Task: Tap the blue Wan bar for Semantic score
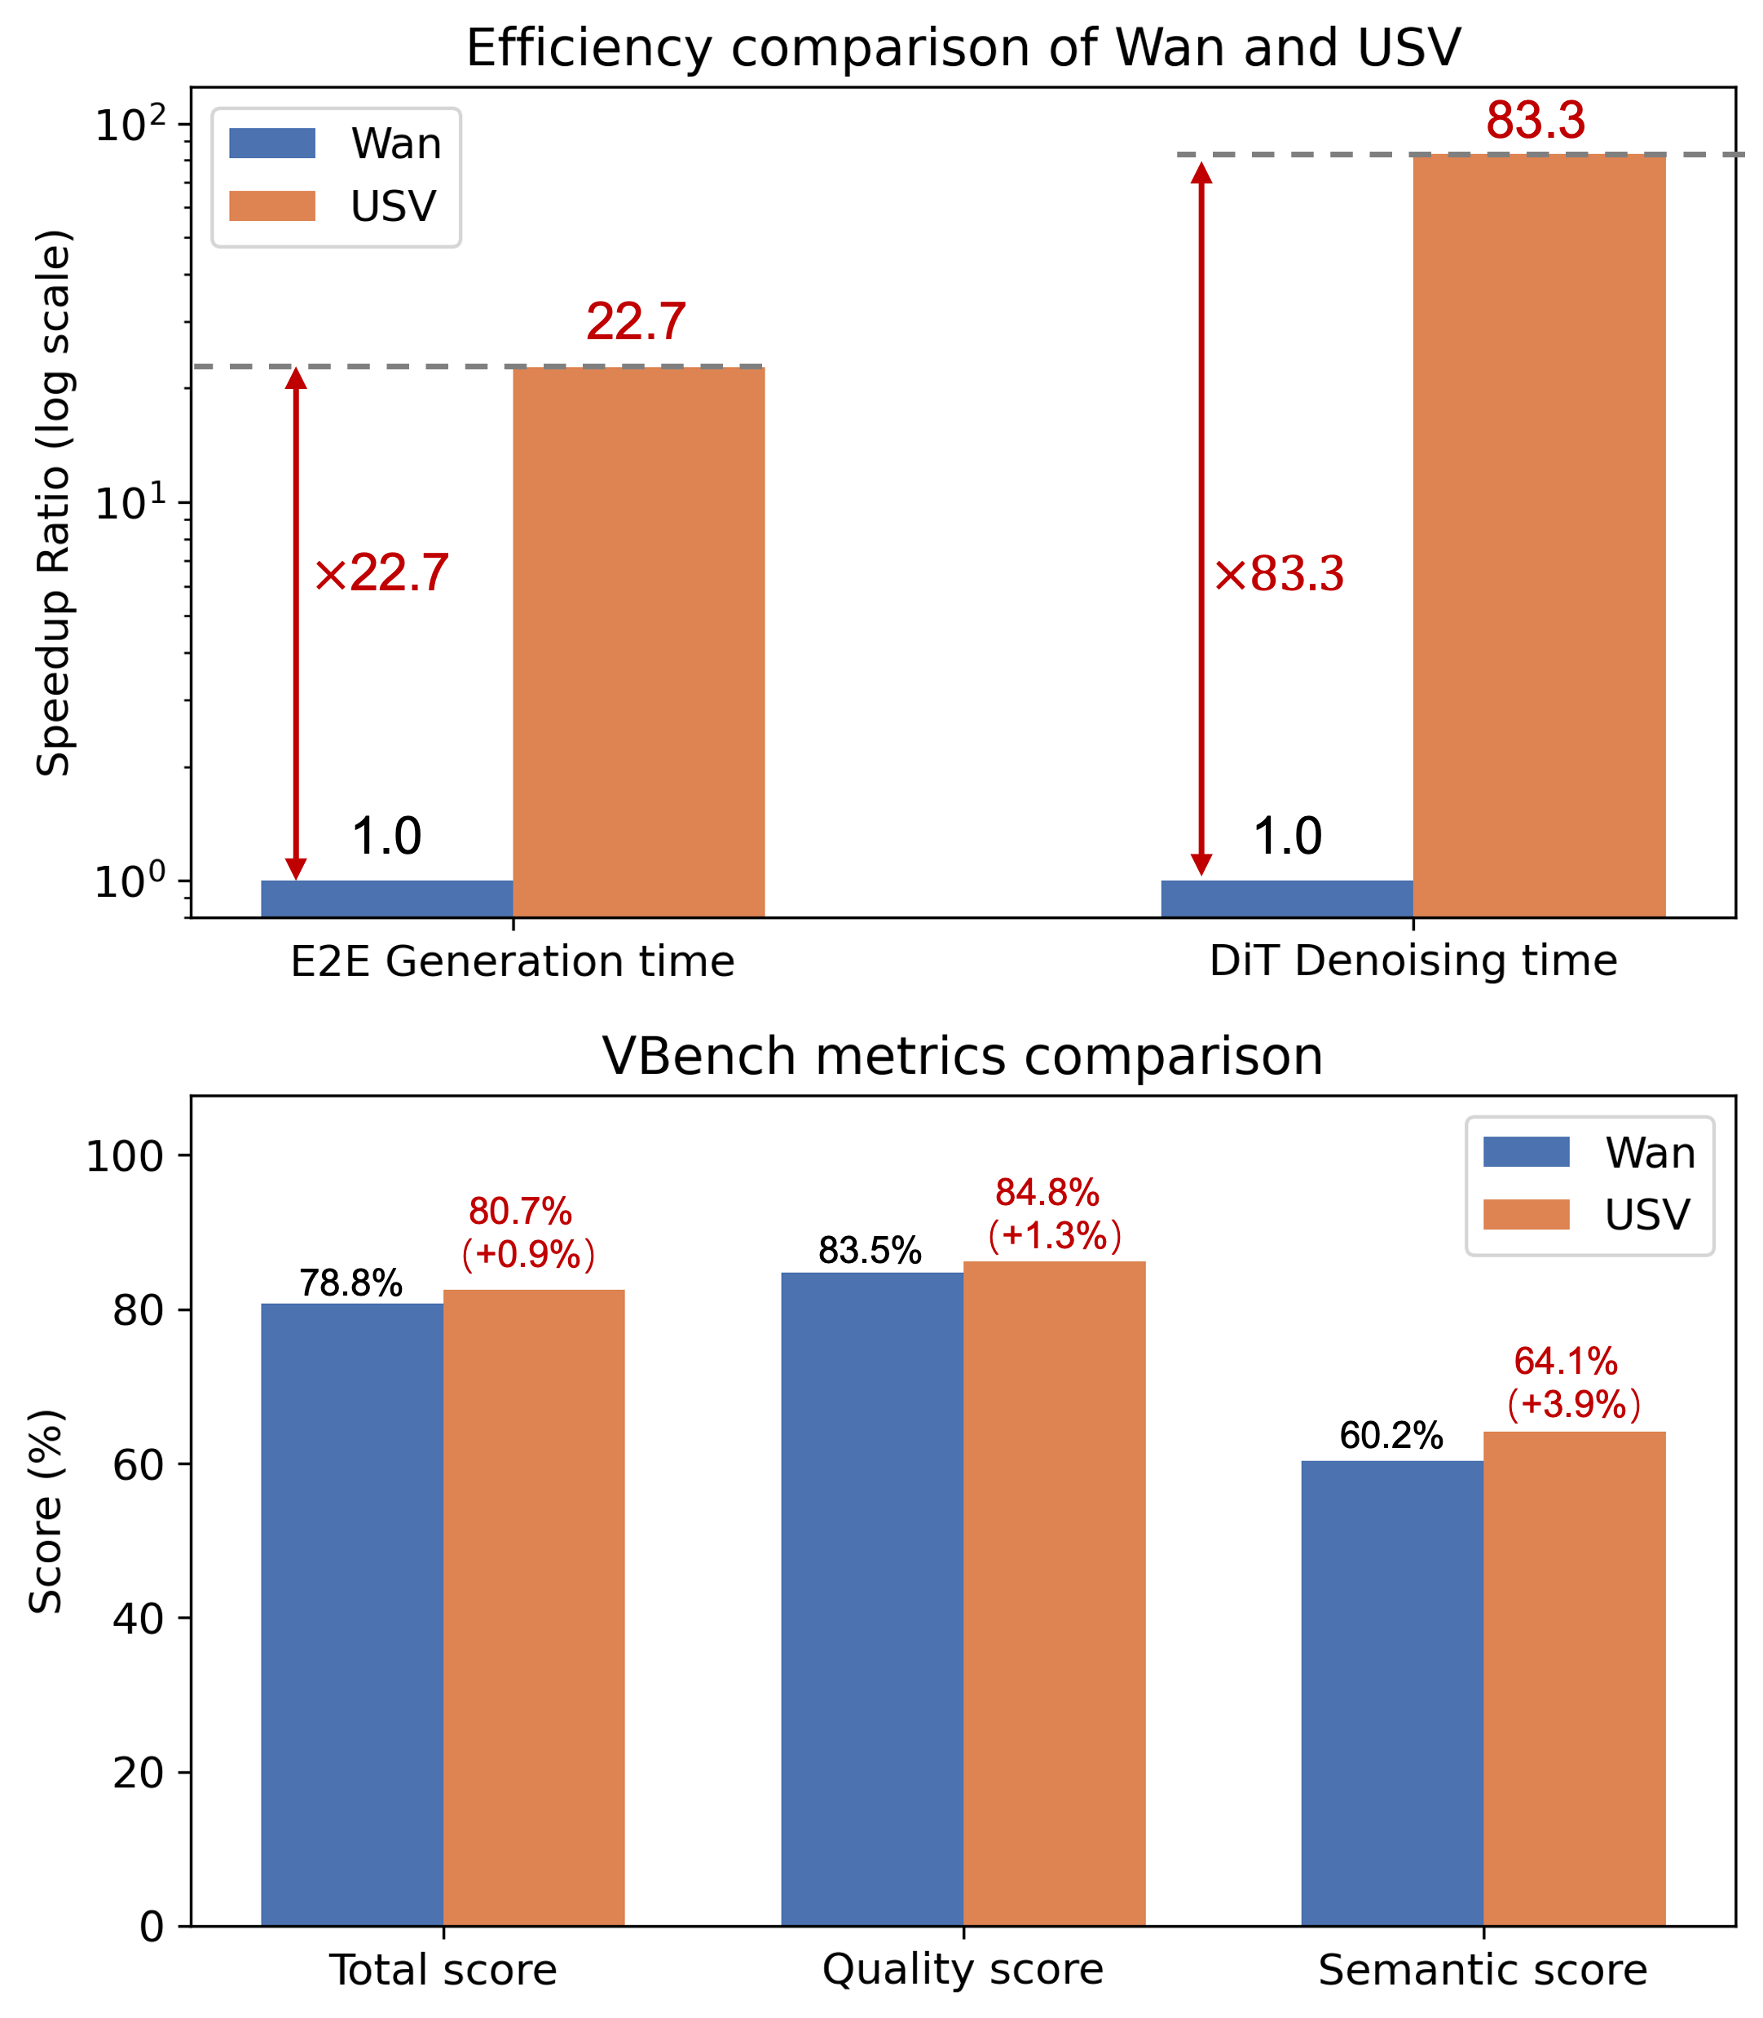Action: click(x=1391, y=1693)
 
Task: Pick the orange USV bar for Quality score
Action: click(x=1054, y=1593)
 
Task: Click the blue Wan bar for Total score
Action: click(x=351, y=1614)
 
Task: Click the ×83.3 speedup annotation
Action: click(x=1279, y=575)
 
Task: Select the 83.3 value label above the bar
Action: click(x=1536, y=121)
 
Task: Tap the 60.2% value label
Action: click(x=1391, y=1436)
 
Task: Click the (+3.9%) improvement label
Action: click(x=1574, y=1404)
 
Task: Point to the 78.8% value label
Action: click(x=351, y=1283)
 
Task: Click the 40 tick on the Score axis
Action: click(x=137, y=1618)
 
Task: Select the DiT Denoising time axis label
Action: click(x=1413, y=961)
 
